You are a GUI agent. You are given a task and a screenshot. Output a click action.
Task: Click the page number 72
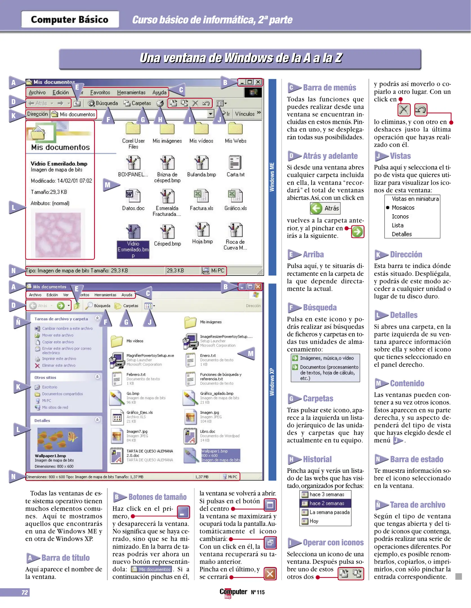click(25, 592)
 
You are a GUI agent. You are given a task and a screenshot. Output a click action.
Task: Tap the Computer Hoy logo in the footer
click(233, 593)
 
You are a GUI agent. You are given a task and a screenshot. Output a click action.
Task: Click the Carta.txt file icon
click(235, 162)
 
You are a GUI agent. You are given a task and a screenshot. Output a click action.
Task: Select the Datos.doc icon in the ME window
click(133, 196)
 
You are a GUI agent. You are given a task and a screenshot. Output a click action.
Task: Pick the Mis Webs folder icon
click(235, 129)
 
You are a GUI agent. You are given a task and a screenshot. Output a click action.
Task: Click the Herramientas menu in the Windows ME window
click(131, 92)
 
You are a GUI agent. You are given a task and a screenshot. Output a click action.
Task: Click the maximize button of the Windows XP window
click(250, 287)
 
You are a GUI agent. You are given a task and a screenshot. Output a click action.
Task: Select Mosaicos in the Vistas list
click(403, 207)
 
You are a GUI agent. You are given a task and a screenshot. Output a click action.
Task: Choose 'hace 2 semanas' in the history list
click(327, 503)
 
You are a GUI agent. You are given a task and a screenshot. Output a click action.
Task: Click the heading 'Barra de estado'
click(416, 459)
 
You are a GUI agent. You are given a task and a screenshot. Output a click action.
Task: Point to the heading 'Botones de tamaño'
click(157, 497)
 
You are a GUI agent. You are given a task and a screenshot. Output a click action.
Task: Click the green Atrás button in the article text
click(325, 208)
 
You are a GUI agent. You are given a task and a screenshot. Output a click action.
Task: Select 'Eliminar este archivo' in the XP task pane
click(59, 365)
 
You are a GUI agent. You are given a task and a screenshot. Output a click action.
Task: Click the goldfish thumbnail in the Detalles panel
click(60, 440)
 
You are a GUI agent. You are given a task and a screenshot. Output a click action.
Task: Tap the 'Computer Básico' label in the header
click(70, 19)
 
